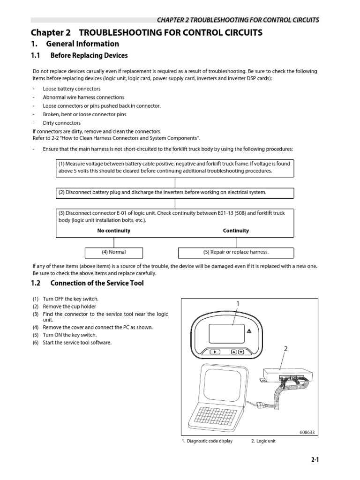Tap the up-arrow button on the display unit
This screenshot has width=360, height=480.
[x=233, y=351]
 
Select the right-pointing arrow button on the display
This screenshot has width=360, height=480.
[x=214, y=351]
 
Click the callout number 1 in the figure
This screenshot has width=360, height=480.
[x=238, y=304]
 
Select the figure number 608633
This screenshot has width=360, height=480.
[x=308, y=432]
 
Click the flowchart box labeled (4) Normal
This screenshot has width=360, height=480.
[x=114, y=252]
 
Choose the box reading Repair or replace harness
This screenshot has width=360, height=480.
[x=236, y=252]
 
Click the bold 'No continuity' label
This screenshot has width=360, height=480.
[x=114, y=231]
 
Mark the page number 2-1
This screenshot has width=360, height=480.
[x=315, y=460]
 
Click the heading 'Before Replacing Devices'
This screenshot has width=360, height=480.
[x=89, y=55]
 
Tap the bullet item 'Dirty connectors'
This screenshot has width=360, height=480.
[x=61, y=123]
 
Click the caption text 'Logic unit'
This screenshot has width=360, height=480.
[x=265, y=441]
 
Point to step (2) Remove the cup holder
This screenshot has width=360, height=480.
[x=71, y=307]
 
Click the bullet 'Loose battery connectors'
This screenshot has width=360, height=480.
[x=71, y=89]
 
